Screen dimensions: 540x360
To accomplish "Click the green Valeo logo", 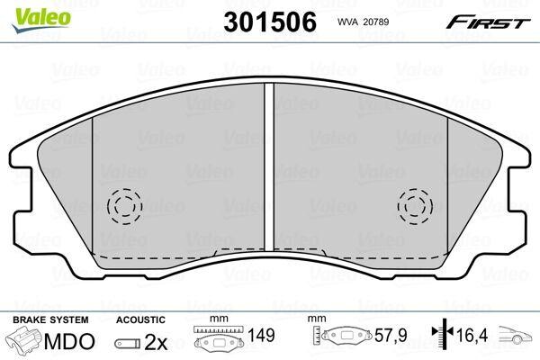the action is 41,20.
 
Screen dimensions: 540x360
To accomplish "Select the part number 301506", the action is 270,22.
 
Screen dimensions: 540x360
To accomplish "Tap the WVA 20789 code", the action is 363,22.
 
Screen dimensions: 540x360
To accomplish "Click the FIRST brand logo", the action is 489,22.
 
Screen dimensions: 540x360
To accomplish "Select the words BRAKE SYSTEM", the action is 50,319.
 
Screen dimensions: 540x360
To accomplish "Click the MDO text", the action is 69,341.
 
